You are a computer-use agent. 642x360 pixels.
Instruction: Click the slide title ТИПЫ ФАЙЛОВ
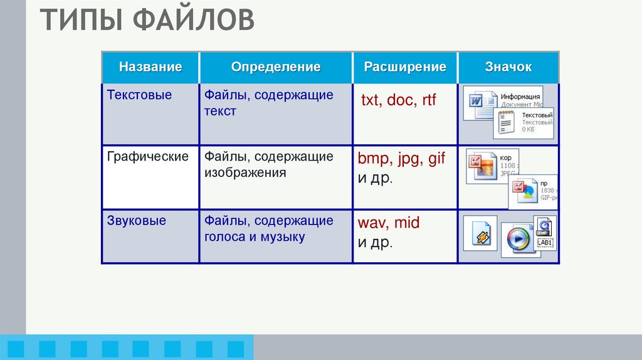pyautogui.click(x=148, y=20)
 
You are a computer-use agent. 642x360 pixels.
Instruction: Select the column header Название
pyautogui.click(x=150, y=67)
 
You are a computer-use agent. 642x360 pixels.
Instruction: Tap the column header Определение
pyautogui.click(x=276, y=67)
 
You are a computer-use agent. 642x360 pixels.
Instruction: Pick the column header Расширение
pyautogui.click(x=405, y=67)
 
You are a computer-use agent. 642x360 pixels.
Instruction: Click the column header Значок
pyautogui.click(x=508, y=67)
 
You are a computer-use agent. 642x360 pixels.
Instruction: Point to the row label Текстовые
pyautogui.click(x=139, y=95)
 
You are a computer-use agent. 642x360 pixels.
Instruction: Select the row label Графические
pyautogui.click(x=147, y=157)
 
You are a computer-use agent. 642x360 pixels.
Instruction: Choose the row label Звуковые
pyautogui.click(x=137, y=221)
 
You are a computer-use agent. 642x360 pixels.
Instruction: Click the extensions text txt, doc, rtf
pyautogui.click(x=398, y=100)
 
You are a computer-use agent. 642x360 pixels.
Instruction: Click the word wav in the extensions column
pyautogui.click(x=371, y=223)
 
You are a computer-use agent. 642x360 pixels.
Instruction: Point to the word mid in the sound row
pyautogui.click(x=407, y=223)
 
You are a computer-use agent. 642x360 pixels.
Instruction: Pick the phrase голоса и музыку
pyautogui.click(x=254, y=237)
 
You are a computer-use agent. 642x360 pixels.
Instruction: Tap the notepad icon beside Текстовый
pyautogui.click(x=505, y=122)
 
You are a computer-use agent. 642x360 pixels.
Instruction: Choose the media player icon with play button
pyautogui.click(x=517, y=238)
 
